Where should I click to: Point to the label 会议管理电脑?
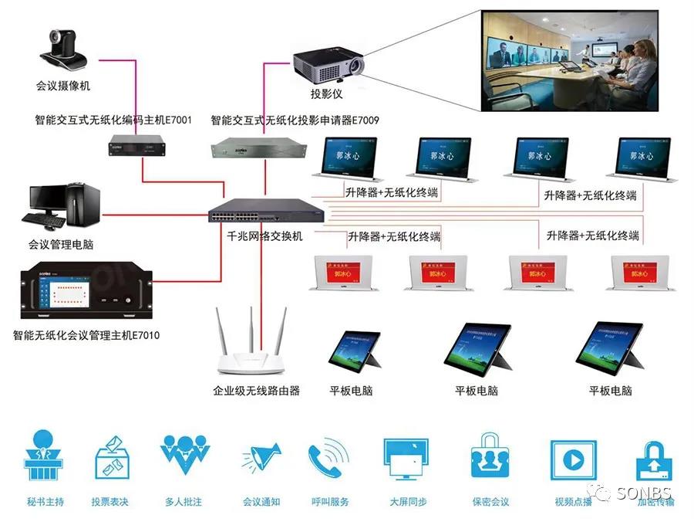(61, 245)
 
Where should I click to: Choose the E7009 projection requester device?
(246, 145)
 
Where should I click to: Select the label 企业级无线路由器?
(256, 391)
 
